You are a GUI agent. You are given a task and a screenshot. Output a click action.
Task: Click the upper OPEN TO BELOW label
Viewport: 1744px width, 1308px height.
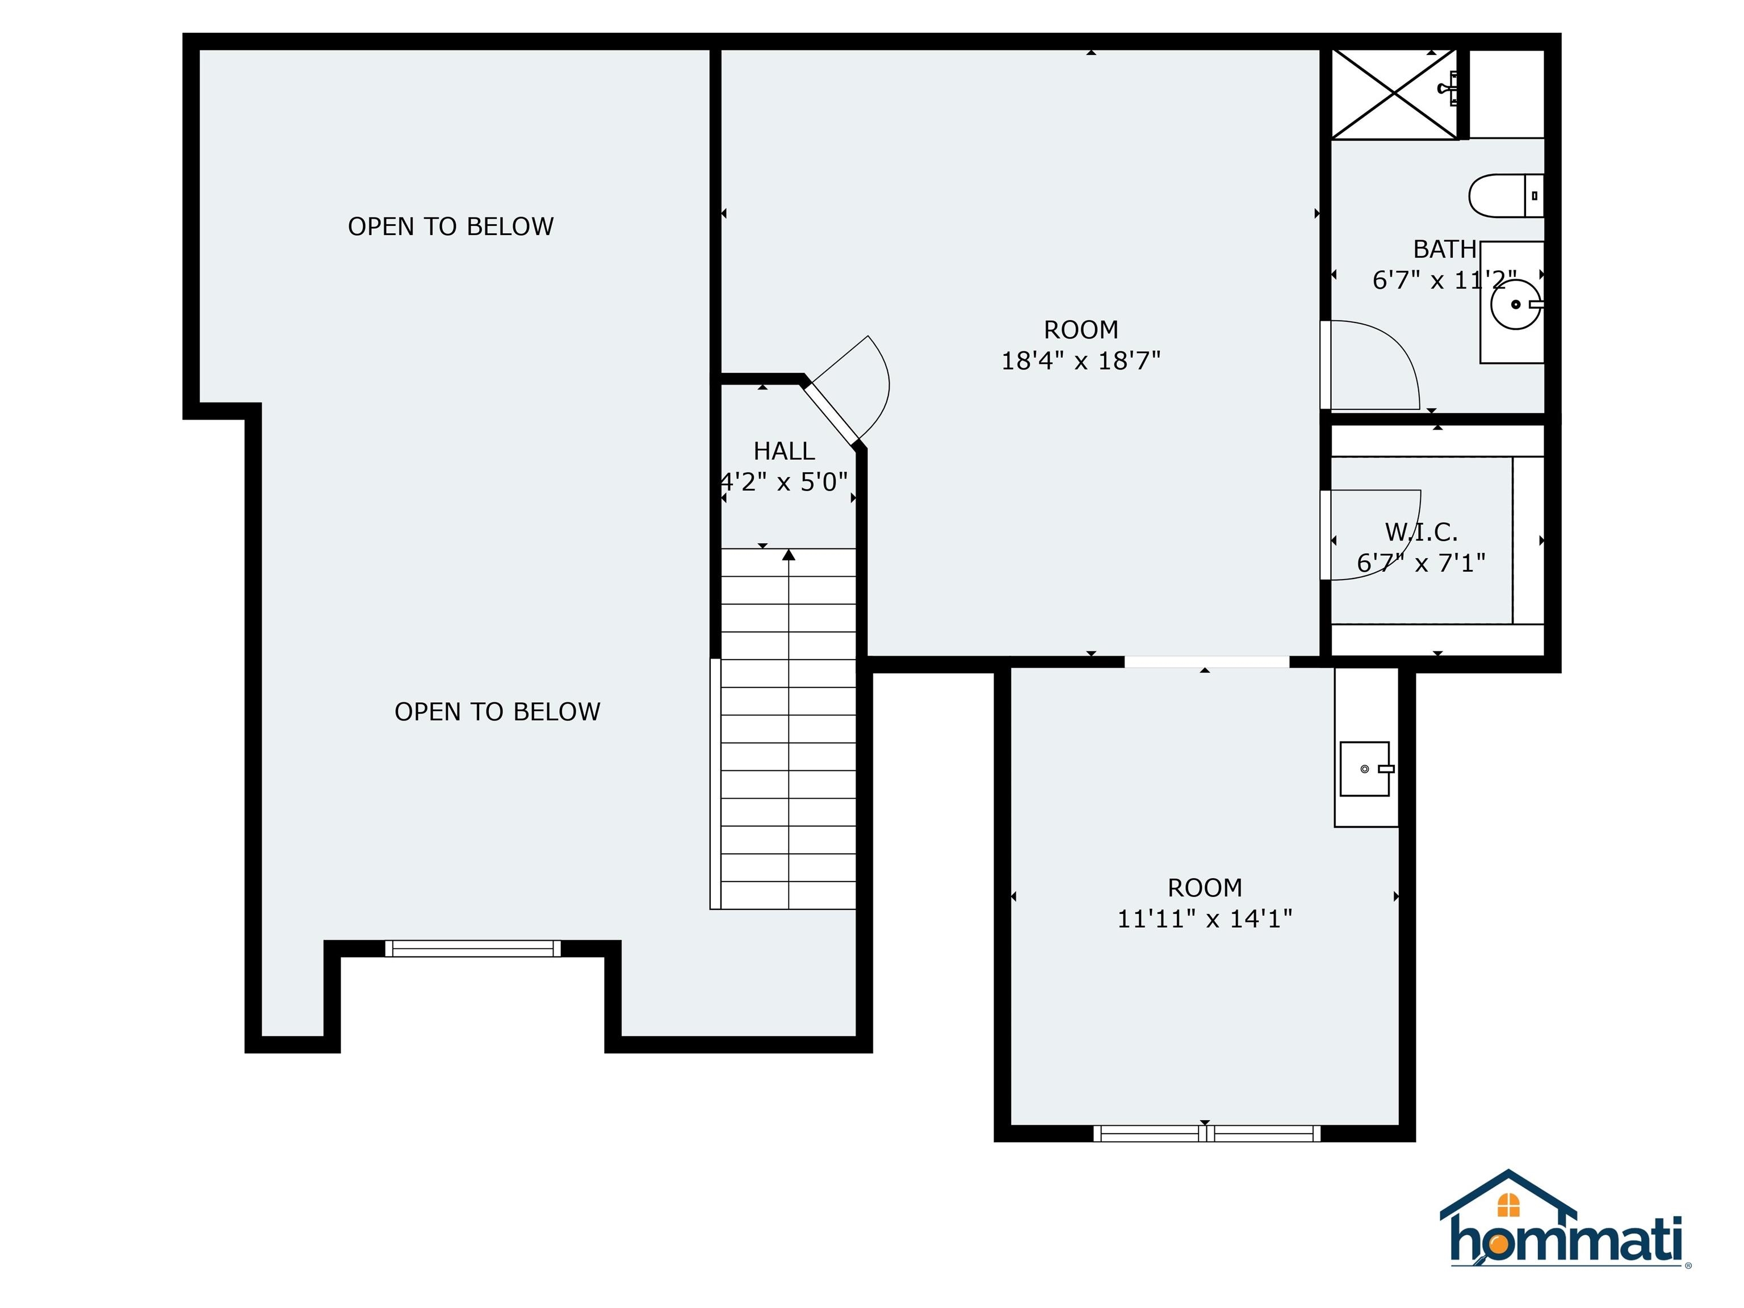click(x=450, y=227)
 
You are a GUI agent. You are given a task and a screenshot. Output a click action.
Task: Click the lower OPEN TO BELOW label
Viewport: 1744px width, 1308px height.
click(x=497, y=711)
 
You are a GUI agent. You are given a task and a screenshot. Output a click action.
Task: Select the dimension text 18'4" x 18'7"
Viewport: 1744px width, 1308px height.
click(x=1080, y=360)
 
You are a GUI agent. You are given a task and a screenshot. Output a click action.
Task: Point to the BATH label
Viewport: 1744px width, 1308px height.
click(x=1444, y=249)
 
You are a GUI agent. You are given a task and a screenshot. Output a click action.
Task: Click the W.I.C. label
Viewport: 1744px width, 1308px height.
click(x=1422, y=532)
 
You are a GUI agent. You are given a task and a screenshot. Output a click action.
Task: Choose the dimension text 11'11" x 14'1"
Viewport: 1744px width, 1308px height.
click(x=1205, y=919)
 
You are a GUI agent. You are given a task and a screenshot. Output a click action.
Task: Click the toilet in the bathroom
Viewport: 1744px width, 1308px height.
click(x=1506, y=195)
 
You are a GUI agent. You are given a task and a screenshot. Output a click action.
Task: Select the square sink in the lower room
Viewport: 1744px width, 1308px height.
click(x=1365, y=769)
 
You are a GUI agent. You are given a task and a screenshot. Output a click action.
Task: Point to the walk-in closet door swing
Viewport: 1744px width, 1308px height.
click(x=1404, y=552)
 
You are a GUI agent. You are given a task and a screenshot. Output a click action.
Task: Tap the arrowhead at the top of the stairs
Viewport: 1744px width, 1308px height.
click(x=789, y=555)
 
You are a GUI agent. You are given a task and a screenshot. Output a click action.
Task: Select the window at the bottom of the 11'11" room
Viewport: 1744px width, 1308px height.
click(x=1206, y=1134)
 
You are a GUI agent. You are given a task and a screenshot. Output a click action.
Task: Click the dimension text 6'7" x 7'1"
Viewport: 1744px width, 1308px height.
click(x=1421, y=563)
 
